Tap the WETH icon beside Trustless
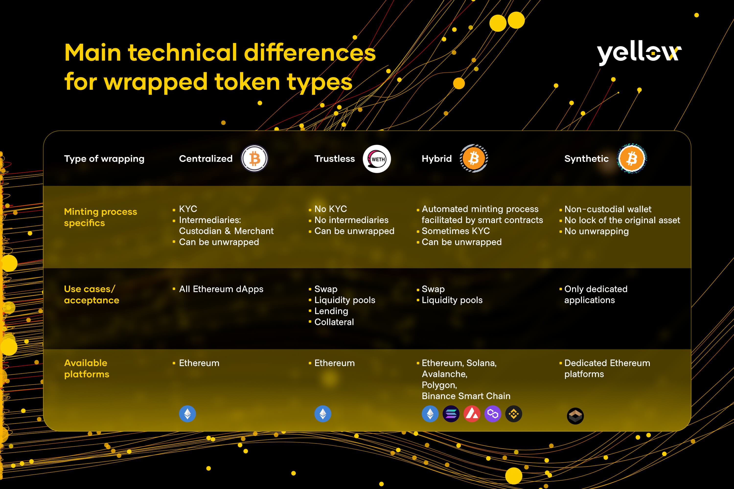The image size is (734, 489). tap(377, 159)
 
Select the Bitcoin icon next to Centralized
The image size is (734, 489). tap(254, 158)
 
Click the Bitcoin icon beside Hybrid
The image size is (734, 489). tap(474, 158)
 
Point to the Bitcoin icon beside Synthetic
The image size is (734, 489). tap(632, 158)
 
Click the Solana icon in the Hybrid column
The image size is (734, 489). tap(451, 414)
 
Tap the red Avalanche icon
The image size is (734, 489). tap(472, 414)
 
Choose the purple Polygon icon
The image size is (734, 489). tap(493, 414)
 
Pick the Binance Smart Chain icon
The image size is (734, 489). tap(514, 414)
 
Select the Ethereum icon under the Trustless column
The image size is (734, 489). tap(323, 414)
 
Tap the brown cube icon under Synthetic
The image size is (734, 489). tap(575, 416)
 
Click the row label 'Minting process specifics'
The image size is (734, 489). tap(101, 217)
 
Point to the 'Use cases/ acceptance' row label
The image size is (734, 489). tap(92, 295)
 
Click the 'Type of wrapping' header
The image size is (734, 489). tap(104, 159)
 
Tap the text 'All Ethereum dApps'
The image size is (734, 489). tap(221, 289)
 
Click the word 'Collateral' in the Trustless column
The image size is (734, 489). tap(334, 322)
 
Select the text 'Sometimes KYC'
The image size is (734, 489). tap(456, 231)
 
